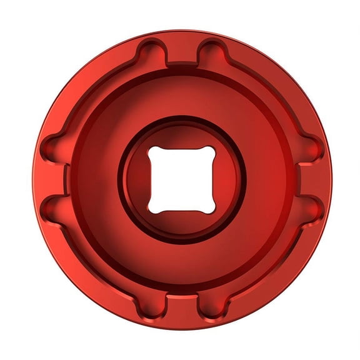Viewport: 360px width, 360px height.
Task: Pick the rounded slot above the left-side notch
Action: pyautogui.click(x=54, y=147)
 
